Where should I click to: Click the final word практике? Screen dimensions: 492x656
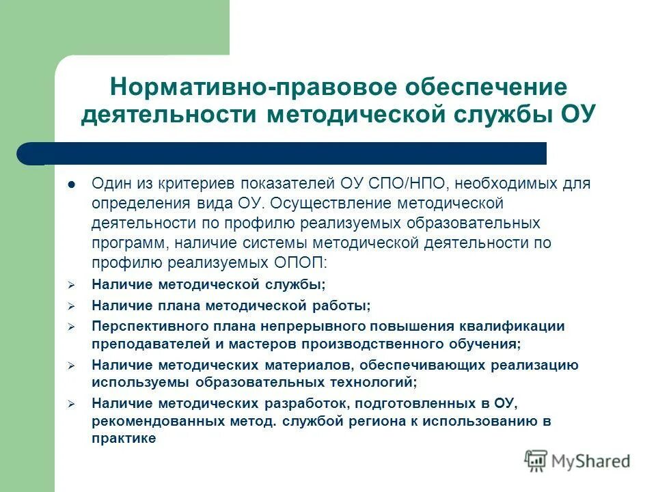[x=124, y=439]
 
